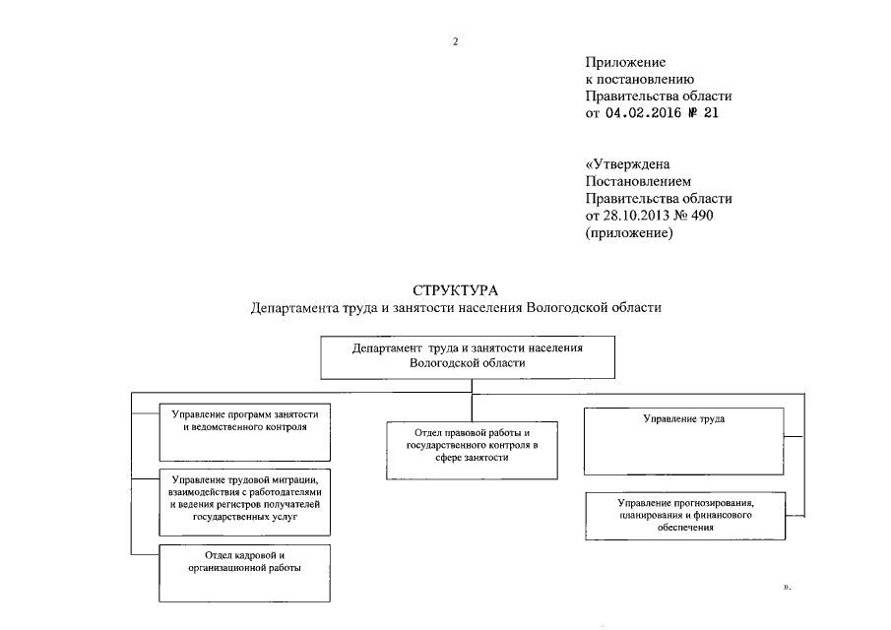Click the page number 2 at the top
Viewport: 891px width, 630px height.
[456, 41]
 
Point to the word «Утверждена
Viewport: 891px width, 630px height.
[627, 164]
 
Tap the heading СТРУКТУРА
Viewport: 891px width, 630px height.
[456, 290]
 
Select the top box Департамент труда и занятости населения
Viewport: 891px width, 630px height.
[468, 355]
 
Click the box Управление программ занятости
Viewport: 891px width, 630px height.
[245, 434]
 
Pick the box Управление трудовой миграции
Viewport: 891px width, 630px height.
[245, 498]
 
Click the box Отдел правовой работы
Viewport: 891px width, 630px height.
[473, 450]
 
